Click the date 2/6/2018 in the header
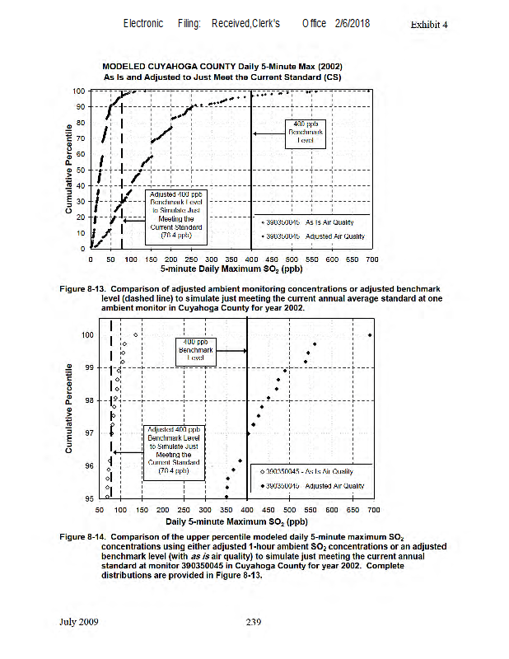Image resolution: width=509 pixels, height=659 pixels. click(352, 24)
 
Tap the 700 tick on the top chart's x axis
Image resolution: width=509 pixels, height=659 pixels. click(371, 259)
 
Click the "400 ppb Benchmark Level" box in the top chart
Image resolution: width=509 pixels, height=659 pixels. click(302, 132)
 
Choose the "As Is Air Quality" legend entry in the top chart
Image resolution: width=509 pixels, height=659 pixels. click(312, 222)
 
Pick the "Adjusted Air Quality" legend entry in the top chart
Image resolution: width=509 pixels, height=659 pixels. click(313, 236)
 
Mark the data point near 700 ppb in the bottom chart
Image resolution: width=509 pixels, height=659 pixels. click(370, 335)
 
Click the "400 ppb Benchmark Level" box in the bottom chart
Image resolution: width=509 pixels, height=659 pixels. click(196, 350)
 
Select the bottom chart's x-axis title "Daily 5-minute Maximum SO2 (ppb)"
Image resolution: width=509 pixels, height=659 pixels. click(236, 521)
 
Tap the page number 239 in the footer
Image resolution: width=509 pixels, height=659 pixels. click(254, 621)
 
